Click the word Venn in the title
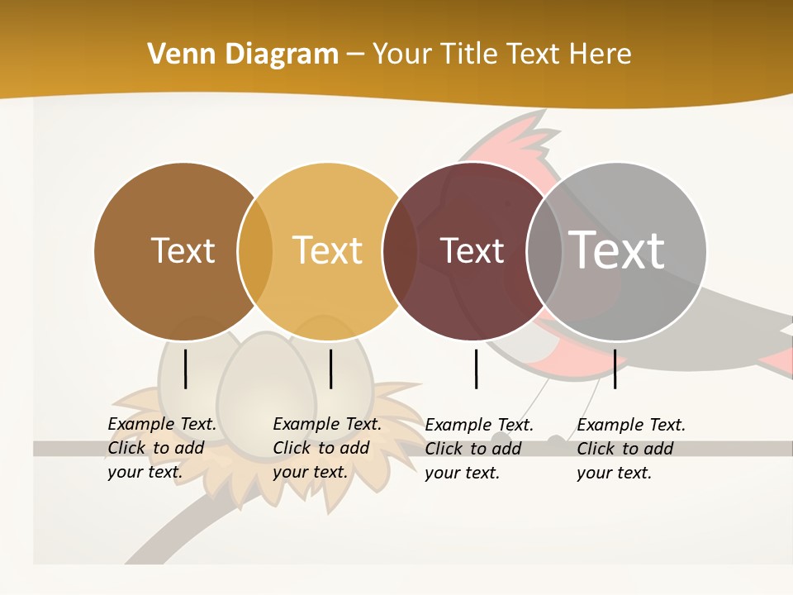(x=175, y=55)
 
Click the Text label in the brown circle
(x=183, y=250)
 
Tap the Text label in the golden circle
(x=328, y=250)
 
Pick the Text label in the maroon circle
(x=472, y=250)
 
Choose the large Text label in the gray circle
(x=617, y=250)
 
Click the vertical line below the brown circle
(x=186, y=369)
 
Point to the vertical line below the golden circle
(x=330, y=369)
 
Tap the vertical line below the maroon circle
(x=477, y=369)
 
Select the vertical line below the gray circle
(x=615, y=369)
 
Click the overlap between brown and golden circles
(x=255, y=251)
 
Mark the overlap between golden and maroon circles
(x=400, y=251)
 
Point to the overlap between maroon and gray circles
(x=544, y=251)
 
